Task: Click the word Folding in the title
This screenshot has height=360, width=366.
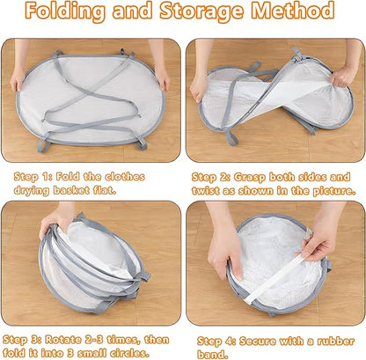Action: tap(65, 12)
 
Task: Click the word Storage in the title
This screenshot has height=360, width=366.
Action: tap(202, 12)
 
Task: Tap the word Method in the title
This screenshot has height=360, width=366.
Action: tap(293, 11)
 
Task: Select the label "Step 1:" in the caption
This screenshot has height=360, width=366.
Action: tap(32, 177)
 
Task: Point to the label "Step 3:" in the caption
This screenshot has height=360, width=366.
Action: tap(21, 340)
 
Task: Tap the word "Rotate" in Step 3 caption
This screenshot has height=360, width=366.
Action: tap(62, 340)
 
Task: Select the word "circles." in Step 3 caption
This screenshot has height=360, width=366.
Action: tap(129, 352)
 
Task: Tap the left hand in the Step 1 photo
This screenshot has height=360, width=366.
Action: tap(17, 80)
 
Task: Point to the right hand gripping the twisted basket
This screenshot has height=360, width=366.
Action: tap(342, 76)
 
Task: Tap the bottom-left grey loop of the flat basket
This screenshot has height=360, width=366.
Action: tap(43, 145)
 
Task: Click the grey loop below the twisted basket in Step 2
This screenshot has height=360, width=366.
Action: tap(231, 138)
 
